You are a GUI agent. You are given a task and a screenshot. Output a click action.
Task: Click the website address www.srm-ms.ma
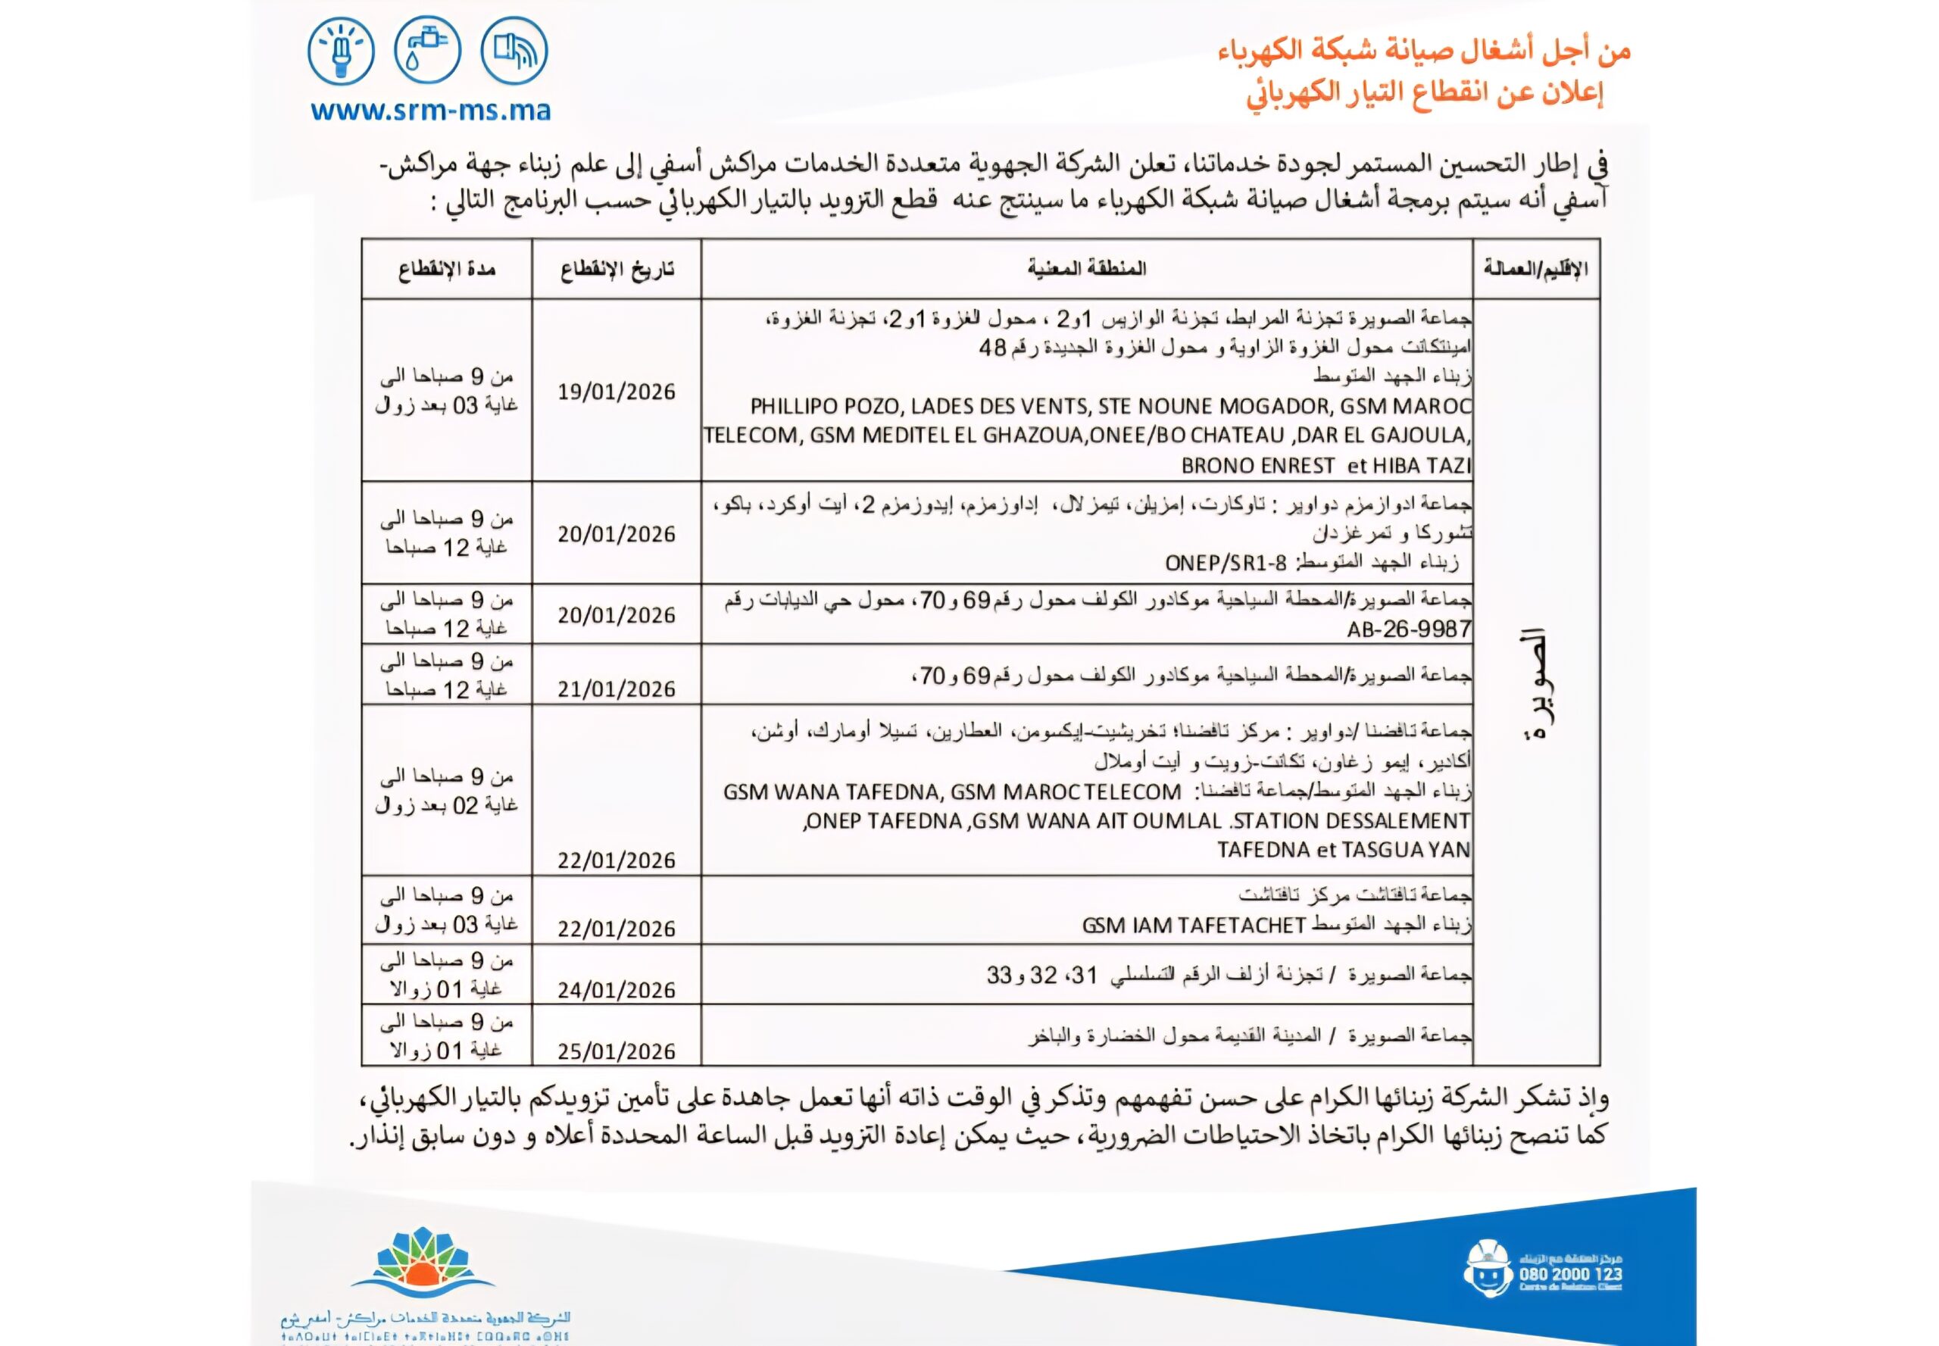(x=430, y=110)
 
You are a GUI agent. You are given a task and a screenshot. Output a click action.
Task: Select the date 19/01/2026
(x=617, y=392)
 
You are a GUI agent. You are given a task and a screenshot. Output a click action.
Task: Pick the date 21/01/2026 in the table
(x=617, y=689)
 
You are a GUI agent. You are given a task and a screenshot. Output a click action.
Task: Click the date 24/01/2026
(x=617, y=989)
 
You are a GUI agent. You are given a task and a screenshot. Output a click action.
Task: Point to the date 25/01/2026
(x=617, y=1051)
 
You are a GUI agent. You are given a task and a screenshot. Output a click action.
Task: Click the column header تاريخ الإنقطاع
(x=617, y=270)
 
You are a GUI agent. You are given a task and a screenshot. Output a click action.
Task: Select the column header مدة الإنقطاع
(x=446, y=270)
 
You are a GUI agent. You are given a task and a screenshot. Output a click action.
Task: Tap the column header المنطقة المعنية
(x=1086, y=270)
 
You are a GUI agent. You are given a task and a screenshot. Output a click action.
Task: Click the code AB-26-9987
(x=1409, y=629)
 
